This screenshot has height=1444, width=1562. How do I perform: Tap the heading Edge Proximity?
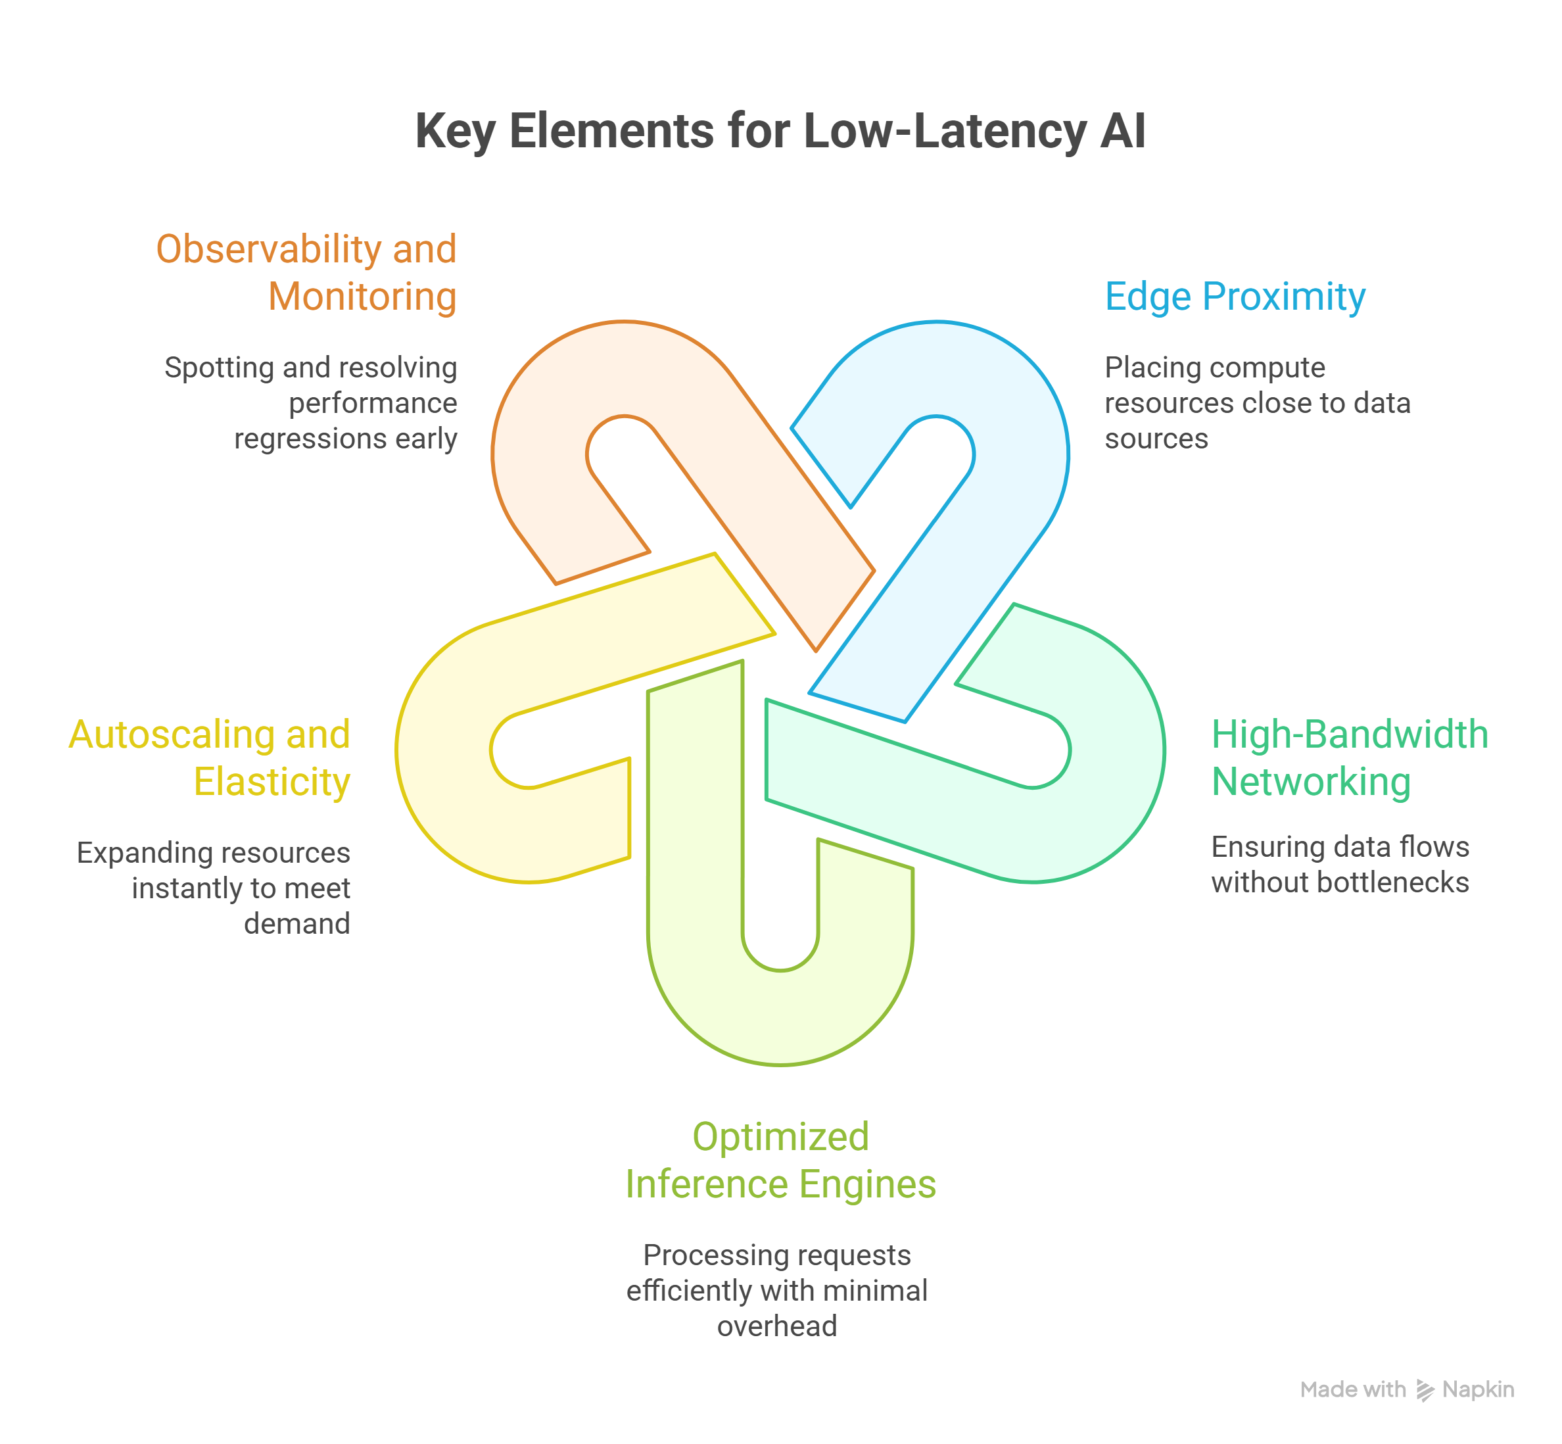pos(1235,297)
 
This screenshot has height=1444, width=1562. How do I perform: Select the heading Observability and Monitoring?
pos(306,273)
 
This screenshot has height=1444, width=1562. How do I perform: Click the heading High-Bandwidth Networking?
pos(1349,758)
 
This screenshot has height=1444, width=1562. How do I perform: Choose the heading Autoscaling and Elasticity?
pos(209,758)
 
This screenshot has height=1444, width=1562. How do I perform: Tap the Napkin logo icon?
pos(1425,1390)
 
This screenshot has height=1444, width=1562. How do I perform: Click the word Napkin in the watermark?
pos(1478,1389)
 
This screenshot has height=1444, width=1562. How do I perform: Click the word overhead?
pos(776,1326)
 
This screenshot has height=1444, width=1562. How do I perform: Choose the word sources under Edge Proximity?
pos(1156,439)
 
